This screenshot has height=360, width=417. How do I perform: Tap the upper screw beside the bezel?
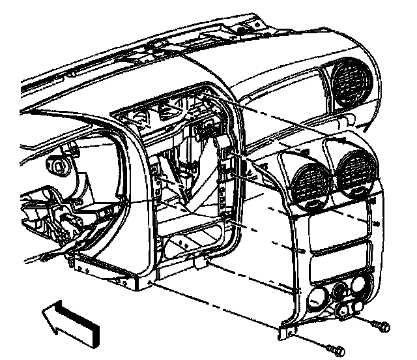(x=382, y=324)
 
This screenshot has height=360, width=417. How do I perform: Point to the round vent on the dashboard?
(x=351, y=83)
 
